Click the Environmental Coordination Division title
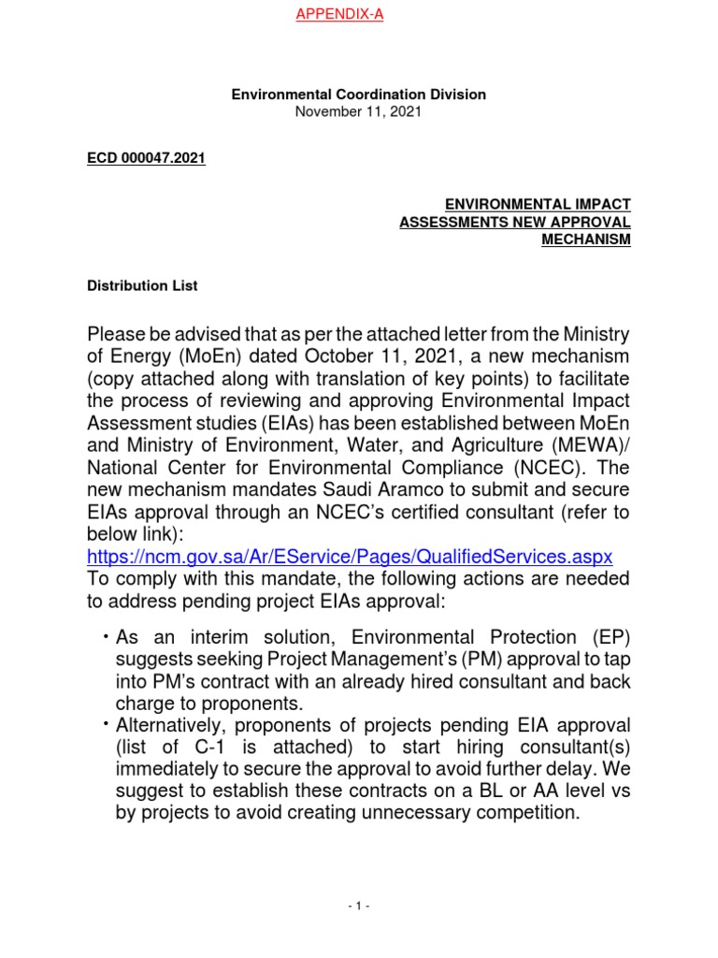point(358,94)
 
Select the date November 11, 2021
point(358,111)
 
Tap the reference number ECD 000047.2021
point(145,158)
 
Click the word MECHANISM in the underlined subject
point(586,239)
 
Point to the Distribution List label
point(141,286)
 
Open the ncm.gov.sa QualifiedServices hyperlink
point(349,556)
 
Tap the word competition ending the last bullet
point(514,812)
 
